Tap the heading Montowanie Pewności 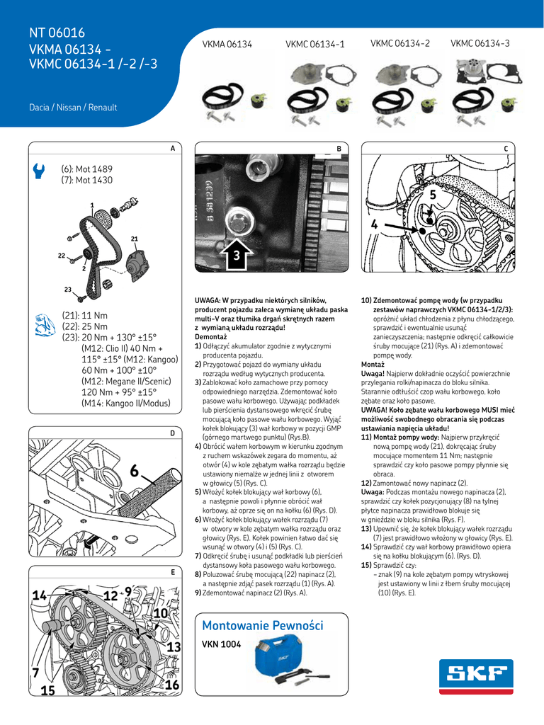(262, 626)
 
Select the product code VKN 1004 (222, 645)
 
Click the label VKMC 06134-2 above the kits (400, 44)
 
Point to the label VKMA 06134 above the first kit (227, 45)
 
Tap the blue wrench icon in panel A (40, 171)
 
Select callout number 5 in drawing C (433, 193)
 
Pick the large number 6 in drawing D (135, 472)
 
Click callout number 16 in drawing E (171, 685)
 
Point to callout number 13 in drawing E (174, 647)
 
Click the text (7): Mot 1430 (86, 181)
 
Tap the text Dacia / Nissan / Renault (72, 108)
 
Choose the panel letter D (172, 433)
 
